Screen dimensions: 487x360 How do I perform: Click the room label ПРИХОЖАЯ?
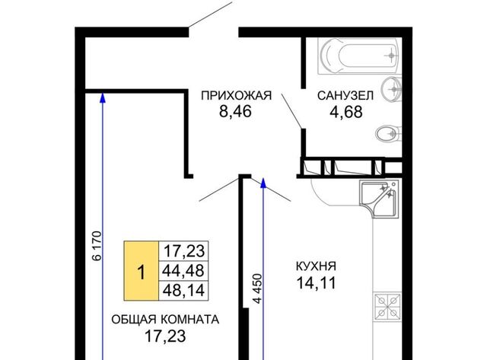click(x=236, y=95)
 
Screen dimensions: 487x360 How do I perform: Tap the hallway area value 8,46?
click(x=235, y=112)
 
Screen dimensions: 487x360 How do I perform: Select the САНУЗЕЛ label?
click(x=345, y=95)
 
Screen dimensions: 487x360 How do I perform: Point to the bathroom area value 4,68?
click(x=345, y=112)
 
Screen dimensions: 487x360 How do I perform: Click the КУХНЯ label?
click(x=316, y=266)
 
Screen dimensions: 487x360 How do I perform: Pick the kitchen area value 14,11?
click(x=317, y=283)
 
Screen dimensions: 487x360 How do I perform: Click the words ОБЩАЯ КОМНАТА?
click(x=165, y=320)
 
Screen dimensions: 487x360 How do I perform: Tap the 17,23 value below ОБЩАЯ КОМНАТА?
click(x=165, y=336)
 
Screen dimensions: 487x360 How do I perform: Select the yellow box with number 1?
click(x=142, y=271)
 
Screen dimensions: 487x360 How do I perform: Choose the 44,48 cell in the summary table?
click(x=183, y=271)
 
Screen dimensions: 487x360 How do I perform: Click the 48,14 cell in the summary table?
click(x=183, y=291)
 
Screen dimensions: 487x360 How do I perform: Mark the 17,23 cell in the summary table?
click(x=183, y=251)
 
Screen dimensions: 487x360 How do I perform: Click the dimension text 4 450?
click(x=257, y=288)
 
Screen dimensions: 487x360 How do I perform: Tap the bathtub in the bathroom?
click(x=359, y=56)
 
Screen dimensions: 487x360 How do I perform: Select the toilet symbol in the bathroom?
click(x=388, y=134)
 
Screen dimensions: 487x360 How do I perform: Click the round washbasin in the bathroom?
click(x=391, y=90)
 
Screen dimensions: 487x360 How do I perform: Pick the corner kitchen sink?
click(x=379, y=198)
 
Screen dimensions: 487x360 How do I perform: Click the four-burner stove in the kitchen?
click(x=387, y=307)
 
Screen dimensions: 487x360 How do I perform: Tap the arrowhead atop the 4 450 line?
click(x=263, y=183)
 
